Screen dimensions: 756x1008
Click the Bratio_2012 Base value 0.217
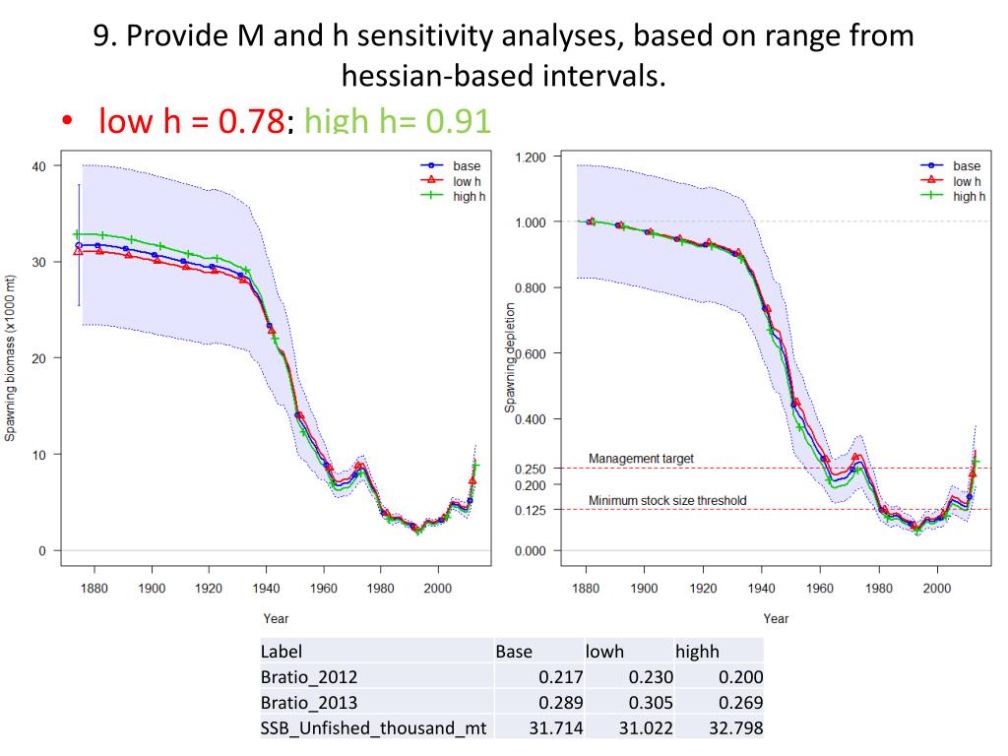(562, 677)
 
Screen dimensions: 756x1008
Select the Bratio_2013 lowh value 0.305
(652, 703)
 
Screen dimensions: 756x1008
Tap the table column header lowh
(604, 652)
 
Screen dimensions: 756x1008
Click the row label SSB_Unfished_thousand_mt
(374, 728)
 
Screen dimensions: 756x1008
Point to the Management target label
(641, 459)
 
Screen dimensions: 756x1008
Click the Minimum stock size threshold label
(667, 501)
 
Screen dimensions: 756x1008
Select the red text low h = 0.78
(191, 121)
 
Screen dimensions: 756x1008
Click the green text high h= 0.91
(398, 121)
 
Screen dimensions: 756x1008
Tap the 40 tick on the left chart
(39, 165)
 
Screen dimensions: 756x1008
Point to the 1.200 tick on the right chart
(531, 157)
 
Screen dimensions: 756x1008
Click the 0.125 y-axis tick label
(531, 509)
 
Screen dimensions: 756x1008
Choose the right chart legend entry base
(967, 166)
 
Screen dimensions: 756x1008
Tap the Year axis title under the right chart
(776, 619)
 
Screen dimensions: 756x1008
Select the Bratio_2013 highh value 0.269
(740, 703)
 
